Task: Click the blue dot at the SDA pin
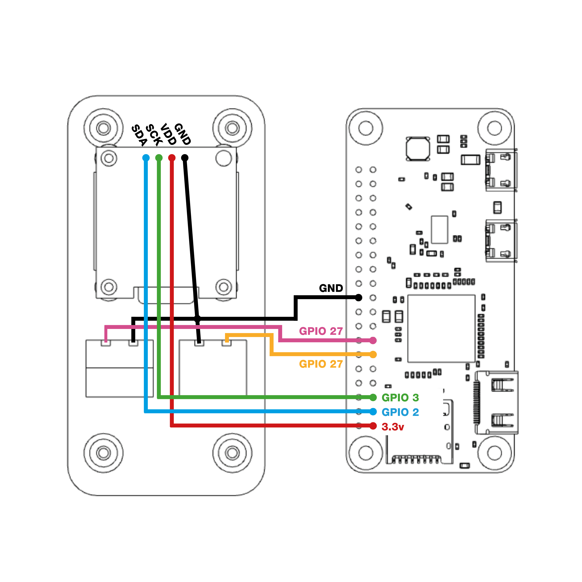click(x=146, y=158)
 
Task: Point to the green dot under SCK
click(x=159, y=158)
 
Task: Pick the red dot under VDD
click(x=172, y=158)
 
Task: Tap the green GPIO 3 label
click(x=400, y=398)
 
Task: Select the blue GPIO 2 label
click(x=400, y=412)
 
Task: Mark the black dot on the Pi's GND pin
click(x=359, y=298)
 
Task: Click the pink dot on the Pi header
click(x=373, y=340)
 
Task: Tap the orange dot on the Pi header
click(x=373, y=355)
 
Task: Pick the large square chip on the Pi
click(x=441, y=328)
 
